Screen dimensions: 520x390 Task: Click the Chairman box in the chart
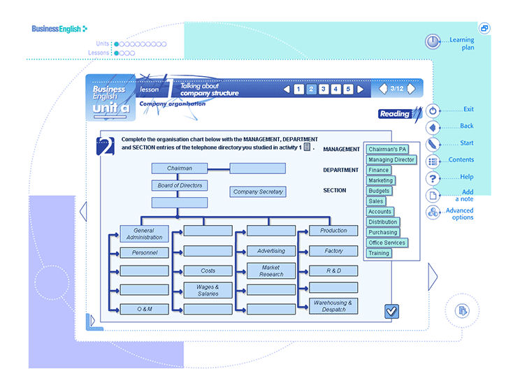(x=180, y=168)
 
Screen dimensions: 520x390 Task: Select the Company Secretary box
(x=258, y=192)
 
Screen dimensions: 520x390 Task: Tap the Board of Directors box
(x=180, y=185)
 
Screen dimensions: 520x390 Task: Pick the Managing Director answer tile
(x=391, y=159)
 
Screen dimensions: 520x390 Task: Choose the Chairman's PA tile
(x=387, y=150)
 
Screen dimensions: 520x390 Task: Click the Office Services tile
(x=387, y=243)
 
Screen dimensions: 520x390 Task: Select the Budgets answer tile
(x=379, y=191)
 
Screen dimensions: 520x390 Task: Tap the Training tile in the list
(x=379, y=253)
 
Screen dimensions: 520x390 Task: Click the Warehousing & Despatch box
(x=333, y=305)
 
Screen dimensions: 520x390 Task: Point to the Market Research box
(x=271, y=270)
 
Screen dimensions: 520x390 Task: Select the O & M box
(x=144, y=309)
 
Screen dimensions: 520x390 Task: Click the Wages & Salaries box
(x=208, y=290)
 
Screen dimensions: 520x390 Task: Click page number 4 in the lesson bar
(x=335, y=89)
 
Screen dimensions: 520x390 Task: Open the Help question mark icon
(x=433, y=178)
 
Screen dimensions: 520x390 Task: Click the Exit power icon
(x=433, y=110)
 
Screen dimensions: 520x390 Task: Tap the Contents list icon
(x=433, y=161)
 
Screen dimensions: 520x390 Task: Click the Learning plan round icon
(x=433, y=42)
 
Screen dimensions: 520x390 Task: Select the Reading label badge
(x=395, y=114)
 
